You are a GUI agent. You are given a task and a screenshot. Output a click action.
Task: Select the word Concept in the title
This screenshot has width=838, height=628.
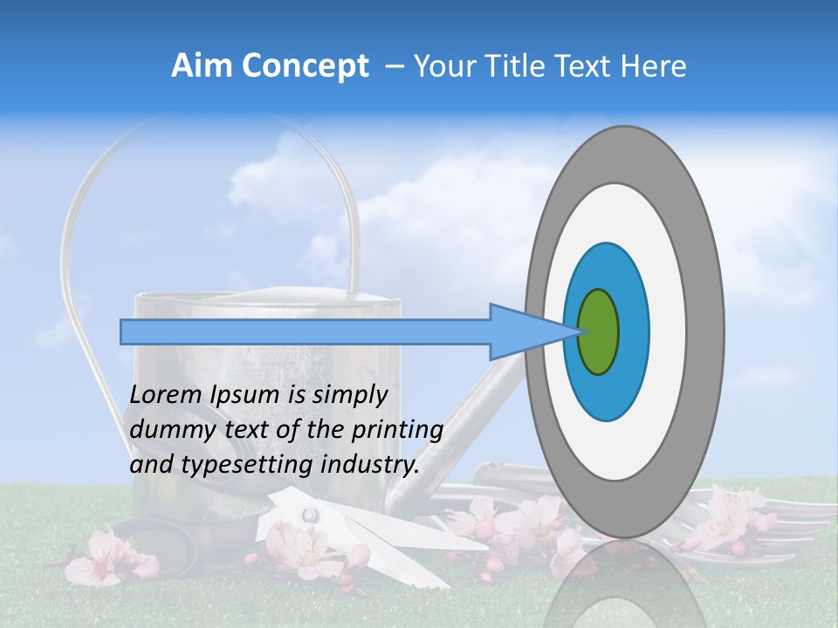click(305, 66)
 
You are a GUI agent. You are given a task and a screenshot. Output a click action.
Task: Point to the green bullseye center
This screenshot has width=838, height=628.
click(599, 331)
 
